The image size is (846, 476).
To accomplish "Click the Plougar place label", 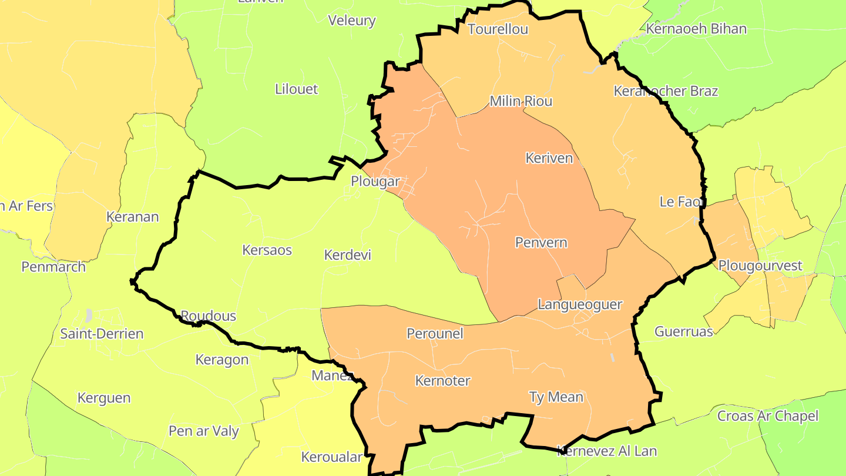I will tap(375, 182).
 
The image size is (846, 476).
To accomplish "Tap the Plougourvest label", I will tap(760, 266).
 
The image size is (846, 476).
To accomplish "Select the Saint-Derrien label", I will tap(102, 334).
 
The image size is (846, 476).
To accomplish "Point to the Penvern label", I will tap(541, 242).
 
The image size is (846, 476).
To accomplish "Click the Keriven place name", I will tap(549, 157).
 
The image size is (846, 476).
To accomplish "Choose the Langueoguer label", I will tap(580, 304).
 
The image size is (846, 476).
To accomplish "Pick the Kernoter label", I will tap(443, 381).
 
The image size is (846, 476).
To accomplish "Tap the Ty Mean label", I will tap(556, 397).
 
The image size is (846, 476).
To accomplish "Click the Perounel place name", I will tap(435, 334).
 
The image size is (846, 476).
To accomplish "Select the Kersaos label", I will tap(267, 250).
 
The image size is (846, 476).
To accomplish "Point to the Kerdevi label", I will tap(348, 255).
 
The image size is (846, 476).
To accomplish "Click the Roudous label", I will tap(208, 316).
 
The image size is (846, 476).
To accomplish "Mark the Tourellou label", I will tap(498, 29).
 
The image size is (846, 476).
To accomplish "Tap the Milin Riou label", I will tap(521, 101).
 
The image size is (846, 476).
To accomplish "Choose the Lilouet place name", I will tap(296, 89).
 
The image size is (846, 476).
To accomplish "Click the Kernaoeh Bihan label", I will tap(696, 29).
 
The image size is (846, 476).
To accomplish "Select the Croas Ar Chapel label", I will tap(767, 416).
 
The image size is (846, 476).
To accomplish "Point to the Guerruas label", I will tap(684, 331).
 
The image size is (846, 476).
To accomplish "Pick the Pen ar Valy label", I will tap(204, 431).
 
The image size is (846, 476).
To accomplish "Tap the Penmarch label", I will tap(53, 267).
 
